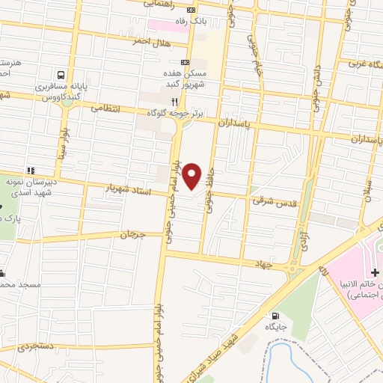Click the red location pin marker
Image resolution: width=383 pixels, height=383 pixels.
click(192, 175)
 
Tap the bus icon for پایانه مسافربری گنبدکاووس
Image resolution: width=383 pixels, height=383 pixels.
click(59, 75)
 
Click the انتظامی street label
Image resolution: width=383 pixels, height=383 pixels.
click(105, 107)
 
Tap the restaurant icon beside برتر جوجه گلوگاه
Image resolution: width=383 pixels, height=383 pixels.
click(174, 101)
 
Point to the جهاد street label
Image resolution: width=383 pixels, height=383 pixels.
click(282, 264)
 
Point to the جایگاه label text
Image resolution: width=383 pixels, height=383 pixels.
click(278, 328)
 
